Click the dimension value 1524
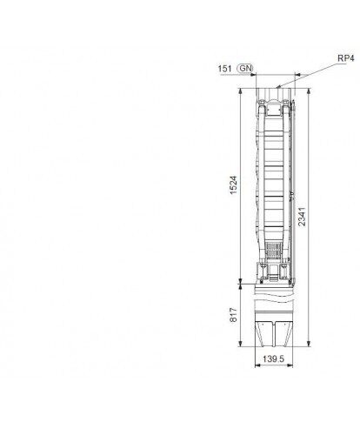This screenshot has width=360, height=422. tap(233, 185)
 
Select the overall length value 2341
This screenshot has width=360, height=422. tap(302, 217)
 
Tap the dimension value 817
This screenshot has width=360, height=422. tap(233, 315)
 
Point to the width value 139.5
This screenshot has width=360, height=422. tap(274, 359)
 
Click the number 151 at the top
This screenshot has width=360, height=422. tap(225, 69)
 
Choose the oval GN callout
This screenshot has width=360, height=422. tap(245, 69)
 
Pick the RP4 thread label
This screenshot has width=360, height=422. tap(346, 58)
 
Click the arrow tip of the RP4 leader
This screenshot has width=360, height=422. tap(277, 87)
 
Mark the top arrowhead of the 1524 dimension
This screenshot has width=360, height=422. tap(240, 90)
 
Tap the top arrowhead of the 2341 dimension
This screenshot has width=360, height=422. tap(309, 90)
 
